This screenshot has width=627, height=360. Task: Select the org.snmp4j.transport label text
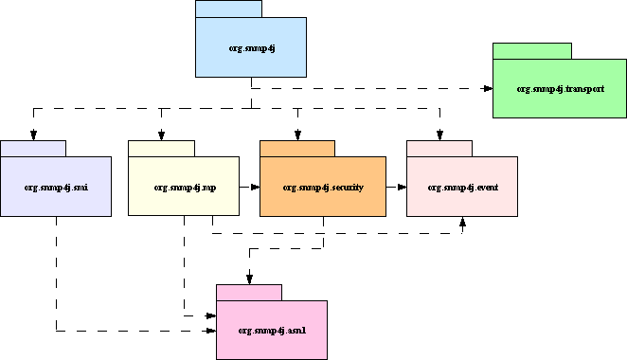pyautogui.click(x=560, y=88)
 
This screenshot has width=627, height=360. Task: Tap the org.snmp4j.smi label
pyautogui.click(x=56, y=187)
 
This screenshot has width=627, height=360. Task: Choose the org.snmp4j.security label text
pyautogui.click(x=323, y=187)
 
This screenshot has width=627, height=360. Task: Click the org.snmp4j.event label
pyautogui.click(x=461, y=187)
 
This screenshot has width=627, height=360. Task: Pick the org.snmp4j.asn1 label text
pyautogui.click(x=271, y=330)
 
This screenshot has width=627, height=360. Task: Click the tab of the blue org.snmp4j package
pyautogui.click(x=228, y=9)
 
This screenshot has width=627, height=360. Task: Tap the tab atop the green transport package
pyautogui.click(x=531, y=50)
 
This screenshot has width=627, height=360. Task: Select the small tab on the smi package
pyautogui.click(x=33, y=148)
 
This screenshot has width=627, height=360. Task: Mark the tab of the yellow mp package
pyautogui.click(x=161, y=148)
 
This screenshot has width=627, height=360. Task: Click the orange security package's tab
pyautogui.click(x=297, y=148)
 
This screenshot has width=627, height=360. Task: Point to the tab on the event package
pyautogui.click(x=439, y=148)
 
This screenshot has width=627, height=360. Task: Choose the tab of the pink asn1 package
pyautogui.click(x=249, y=292)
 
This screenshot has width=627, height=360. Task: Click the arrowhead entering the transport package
pyautogui.click(x=488, y=89)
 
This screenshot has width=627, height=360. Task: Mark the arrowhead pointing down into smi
pyautogui.click(x=33, y=135)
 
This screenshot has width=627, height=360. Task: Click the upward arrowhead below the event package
pyautogui.click(x=462, y=223)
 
